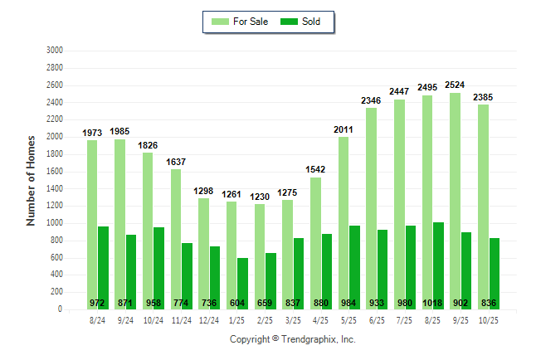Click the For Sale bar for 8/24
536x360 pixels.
coord(92,224)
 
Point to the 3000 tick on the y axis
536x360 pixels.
coord(55,51)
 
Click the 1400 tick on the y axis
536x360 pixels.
coord(55,188)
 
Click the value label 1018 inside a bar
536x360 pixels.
coord(432,302)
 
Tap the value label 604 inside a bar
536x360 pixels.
coord(237,302)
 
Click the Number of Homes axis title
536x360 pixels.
coord(32,180)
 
